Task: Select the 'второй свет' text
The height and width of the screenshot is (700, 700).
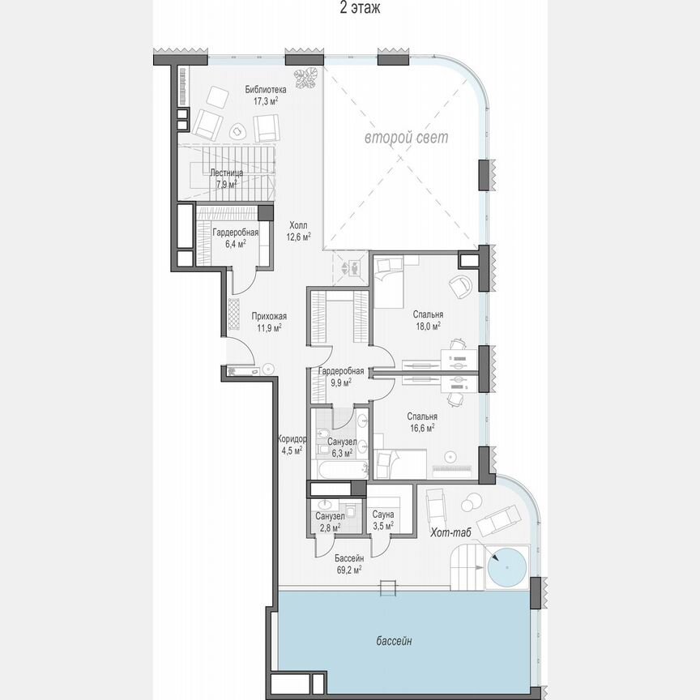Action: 405,138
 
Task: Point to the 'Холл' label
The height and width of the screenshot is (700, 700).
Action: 298,226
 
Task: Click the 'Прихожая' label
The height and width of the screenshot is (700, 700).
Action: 269,317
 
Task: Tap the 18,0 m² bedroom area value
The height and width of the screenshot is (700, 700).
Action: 426,327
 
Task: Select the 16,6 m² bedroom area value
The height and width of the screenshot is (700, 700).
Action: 420,427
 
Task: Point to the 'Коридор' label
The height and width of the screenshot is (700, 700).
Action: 291,439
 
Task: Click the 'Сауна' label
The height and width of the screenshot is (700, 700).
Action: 383,514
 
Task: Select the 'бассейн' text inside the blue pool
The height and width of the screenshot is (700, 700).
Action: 394,642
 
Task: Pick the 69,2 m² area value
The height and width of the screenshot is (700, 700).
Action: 348,570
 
